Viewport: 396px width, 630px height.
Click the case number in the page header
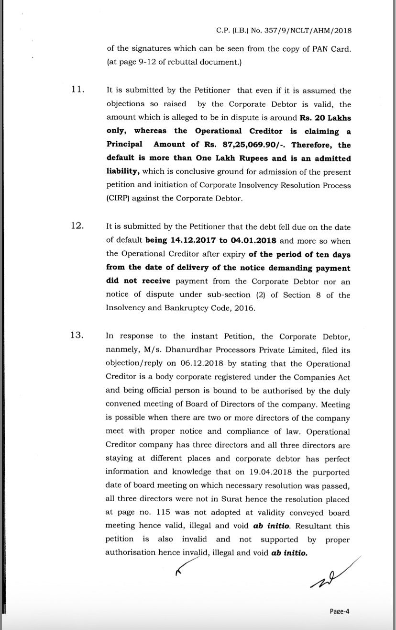[x=284, y=31]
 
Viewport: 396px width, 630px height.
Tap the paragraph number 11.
[x=77, y=90]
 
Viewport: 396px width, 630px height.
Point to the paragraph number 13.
[x=77, y=335]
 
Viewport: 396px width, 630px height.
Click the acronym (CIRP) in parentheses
[x=117, y=199]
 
